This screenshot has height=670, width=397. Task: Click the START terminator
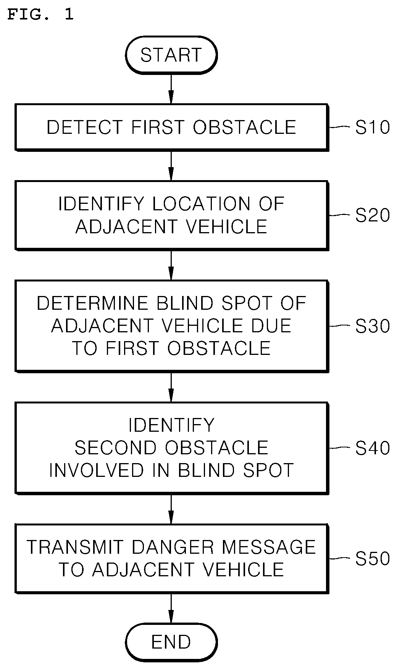(171, 55)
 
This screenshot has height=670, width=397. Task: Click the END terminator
(171, 642)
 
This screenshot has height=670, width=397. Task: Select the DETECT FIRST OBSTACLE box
(171, 127)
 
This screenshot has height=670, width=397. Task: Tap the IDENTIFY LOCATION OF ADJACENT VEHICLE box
(171, 215)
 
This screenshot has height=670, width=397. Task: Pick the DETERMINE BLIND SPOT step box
(171, 326)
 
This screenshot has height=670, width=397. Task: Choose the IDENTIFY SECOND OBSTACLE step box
(171, 448)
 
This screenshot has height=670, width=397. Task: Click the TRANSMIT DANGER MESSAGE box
(171, 558)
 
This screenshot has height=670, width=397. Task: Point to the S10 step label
(373, 127)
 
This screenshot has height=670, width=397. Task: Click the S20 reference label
(373, 215)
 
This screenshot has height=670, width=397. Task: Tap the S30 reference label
(373, 326)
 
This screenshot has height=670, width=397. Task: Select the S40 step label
(373, 448)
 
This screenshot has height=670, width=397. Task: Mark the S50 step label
(373, 559)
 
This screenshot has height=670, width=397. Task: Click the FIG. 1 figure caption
(40, 15)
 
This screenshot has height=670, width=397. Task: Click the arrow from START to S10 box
(171, 89)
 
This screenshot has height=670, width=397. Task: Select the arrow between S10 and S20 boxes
(171, 166)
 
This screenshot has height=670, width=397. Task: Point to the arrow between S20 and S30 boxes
(171, 265)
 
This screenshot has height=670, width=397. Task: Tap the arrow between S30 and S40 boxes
(171, 387)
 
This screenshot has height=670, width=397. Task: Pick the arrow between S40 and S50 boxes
(171, 509)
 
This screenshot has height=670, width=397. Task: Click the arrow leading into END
(171, 609)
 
